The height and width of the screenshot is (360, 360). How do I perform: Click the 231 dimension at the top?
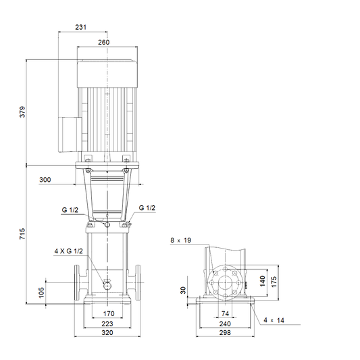click(x=81, y=27)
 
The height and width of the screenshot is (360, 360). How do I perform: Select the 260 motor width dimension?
click(x=104, y=43)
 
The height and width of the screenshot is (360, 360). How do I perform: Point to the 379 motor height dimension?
click(x=22, y=112)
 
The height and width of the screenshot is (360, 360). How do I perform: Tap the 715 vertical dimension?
click(x=22, y=234)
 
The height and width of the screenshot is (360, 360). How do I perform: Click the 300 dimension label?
click(x=45, y=180)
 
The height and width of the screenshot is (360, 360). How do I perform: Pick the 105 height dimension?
click(x=41, y=292)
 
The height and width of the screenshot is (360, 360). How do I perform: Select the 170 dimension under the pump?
click(x=109, y=313)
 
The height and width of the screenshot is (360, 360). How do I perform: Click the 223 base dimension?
click(x=107, y=324)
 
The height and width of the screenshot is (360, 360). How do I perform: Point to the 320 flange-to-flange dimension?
click(x=107, y=332)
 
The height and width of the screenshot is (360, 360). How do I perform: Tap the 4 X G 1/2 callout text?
click(x=68, y=251)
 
